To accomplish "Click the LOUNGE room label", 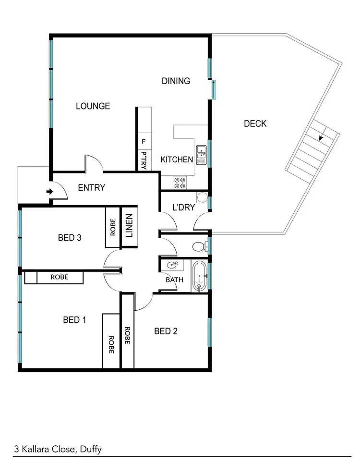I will (93, 106).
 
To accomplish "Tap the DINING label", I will (176, 81).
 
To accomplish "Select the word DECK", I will (255, 124).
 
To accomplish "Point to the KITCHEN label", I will (177, 159).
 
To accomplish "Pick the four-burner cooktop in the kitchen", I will (180, 183).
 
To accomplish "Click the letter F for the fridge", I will (143, 142).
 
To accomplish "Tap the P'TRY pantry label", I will (143, 160).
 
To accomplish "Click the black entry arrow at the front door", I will (49, 192).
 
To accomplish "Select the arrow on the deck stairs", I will (320, 137).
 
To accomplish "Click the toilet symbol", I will (199, 247).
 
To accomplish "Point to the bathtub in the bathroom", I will (199, 277).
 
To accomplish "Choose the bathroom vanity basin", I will (172, 265).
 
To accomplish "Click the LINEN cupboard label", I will (128, 226).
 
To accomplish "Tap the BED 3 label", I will (69, 237).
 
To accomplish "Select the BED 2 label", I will (166, 331).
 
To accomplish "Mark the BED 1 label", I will (74, 319).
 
